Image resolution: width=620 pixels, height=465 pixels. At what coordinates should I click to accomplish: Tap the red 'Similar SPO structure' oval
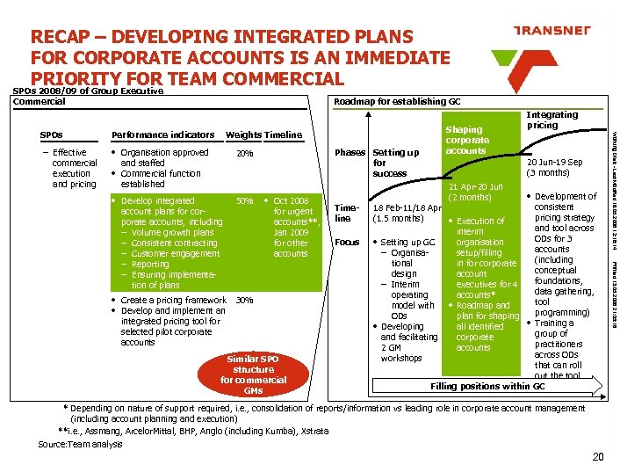[x=253, y=374]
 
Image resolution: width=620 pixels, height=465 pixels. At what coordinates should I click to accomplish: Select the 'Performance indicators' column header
[x=164, y=134]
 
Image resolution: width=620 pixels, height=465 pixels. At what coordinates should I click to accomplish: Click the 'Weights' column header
[x=243, y=134]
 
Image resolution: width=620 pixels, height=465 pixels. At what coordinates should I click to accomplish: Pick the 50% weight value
[x=245, y=201]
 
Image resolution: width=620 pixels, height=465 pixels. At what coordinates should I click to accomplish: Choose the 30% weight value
[x=245, y=300]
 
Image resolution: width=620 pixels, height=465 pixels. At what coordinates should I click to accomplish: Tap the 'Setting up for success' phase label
[x=396, y=163]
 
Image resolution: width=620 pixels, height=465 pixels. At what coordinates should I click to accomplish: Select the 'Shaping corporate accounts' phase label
[x=467, y=139]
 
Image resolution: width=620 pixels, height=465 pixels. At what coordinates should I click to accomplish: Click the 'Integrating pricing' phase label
[x=552, y=120]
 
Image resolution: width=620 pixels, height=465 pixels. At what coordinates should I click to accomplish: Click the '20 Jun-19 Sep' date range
[x=554, y=167]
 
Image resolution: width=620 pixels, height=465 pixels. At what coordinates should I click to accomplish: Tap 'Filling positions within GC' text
[x=487, y=387]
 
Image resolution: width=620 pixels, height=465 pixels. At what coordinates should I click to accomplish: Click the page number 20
[x=599, y=455]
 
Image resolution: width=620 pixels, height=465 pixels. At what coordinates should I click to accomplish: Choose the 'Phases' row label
[x=349, y=152]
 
